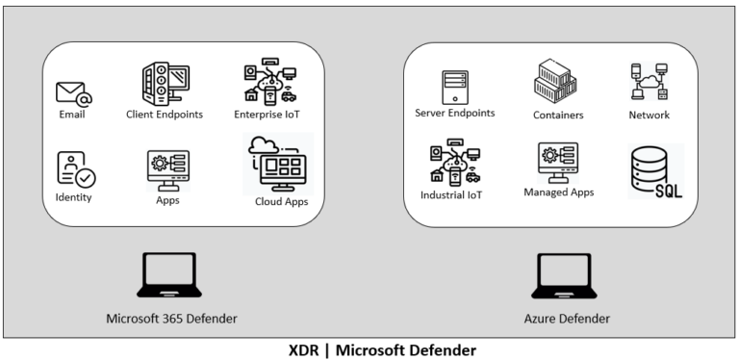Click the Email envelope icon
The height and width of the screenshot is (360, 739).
(73, 93)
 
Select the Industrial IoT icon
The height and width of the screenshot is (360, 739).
(450, 160)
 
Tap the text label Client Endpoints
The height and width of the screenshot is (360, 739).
(163, 115)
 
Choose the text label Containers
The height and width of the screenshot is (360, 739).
(558, 116)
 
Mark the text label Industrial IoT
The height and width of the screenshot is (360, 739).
(450, 195)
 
